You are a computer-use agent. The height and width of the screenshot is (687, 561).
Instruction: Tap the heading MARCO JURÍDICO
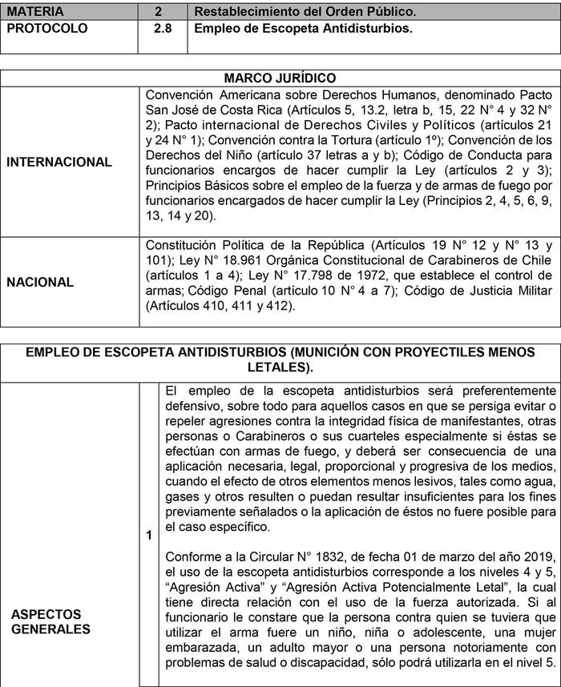[x=280, y=78]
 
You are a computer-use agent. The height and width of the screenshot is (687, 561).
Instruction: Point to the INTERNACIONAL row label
[x=59, y=162]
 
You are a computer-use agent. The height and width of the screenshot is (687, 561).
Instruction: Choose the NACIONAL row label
[x=39, y=282]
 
